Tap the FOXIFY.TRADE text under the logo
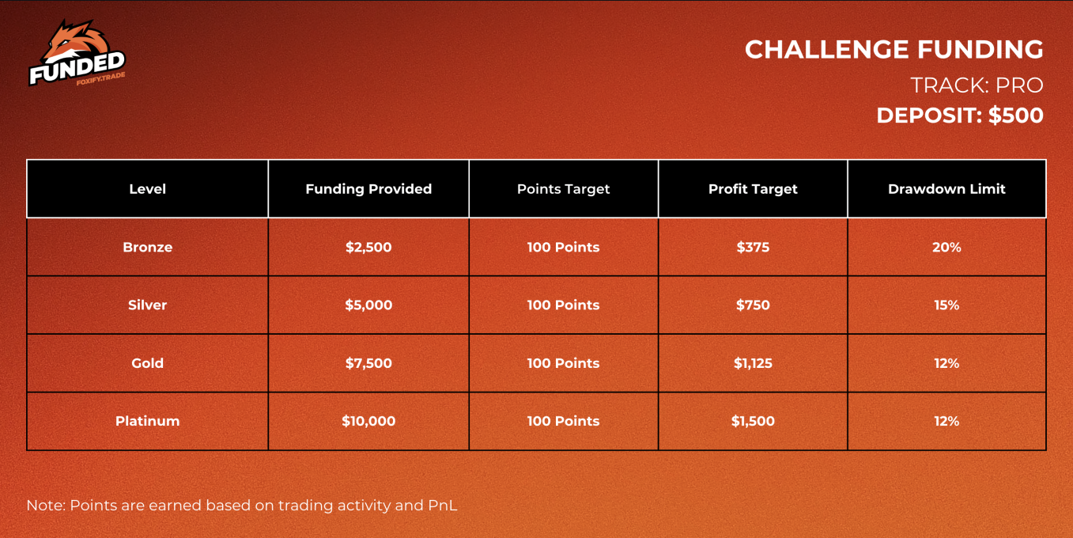pos(100,78)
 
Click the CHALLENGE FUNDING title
pos(894,50)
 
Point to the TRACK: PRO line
pos(977,85)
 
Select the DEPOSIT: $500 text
pos(960,116)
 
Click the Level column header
pos(148,189)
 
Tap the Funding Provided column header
pos(368,189)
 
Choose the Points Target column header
pos(563,189)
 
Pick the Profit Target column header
pos(753,189)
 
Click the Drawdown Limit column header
pos(946,189)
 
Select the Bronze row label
pos(148,248)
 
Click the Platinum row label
pos(148,421)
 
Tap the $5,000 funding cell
pos(368,305)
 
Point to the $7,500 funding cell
pos(368,363)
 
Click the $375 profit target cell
pos(753,248)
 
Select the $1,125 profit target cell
pos(753,363)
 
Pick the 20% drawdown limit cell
pos(946,248)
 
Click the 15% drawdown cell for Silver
pos(946,305)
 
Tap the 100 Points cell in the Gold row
pos(563,363)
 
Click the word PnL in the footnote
pos(443,506)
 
